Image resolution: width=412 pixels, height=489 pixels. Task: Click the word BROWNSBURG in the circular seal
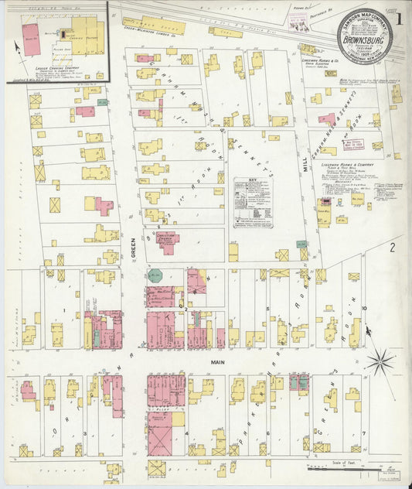pos(363,35)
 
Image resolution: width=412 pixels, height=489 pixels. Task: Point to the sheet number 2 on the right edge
pos(393,248)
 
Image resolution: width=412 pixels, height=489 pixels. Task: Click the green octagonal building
pos(155,275)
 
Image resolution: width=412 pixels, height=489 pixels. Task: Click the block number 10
pos(363,308)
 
